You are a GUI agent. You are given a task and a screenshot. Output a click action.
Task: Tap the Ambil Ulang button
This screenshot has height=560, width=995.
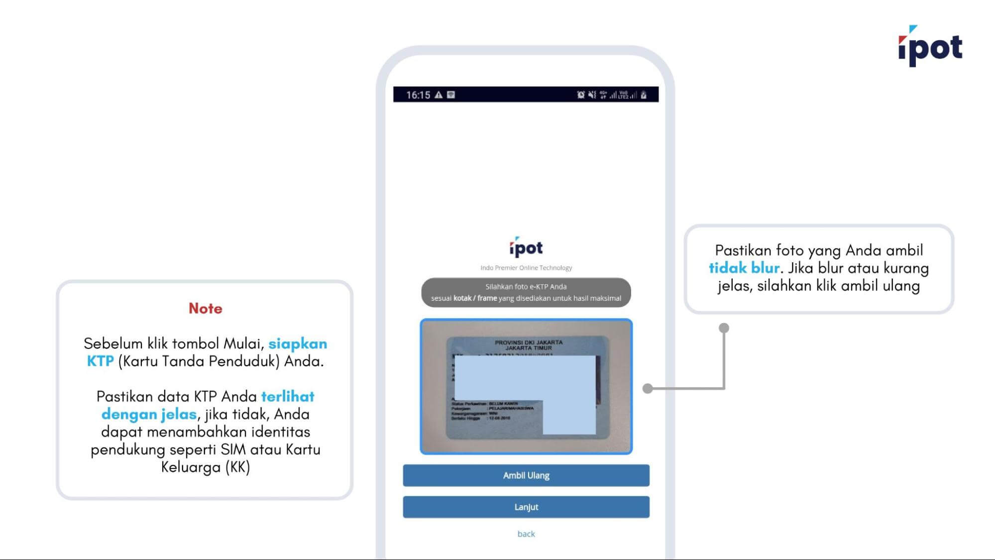coord(526,475)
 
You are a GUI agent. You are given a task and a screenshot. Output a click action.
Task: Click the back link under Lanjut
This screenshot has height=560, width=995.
coord(526,534)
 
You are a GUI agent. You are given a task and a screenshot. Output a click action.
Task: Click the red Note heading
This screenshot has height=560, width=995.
coord(205,308)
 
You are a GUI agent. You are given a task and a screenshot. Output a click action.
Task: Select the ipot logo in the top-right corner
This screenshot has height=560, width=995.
coord(930,47)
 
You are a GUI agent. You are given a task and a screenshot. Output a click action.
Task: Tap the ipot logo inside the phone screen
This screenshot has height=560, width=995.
coord(526,247)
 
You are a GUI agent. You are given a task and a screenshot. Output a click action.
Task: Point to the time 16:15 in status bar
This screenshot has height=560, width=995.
coord(418,95)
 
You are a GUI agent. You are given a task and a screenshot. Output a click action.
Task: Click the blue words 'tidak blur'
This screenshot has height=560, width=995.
coord(744,268)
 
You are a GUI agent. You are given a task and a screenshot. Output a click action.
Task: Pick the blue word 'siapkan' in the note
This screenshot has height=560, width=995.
coord(298,343)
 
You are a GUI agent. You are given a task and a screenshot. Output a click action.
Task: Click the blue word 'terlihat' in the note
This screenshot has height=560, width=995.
coord(288,396)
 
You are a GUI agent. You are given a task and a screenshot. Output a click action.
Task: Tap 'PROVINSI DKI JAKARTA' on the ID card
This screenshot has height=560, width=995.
coord(528,342)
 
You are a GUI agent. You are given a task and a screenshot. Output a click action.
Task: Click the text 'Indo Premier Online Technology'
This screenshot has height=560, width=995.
coord(526,268)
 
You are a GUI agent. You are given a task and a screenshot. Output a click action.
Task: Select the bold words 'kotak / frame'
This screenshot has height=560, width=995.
coord(475,298)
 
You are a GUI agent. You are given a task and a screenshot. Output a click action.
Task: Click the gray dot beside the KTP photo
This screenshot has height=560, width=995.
coord(648,388)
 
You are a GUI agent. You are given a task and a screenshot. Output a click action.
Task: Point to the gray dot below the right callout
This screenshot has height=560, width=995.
coord(724,328)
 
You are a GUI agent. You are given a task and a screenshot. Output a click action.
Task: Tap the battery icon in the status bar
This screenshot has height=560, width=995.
coord(644,95)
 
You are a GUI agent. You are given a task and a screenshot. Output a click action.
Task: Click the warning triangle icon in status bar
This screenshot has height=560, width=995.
coord(439,95)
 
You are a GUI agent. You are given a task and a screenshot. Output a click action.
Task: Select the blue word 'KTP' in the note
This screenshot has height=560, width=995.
coord(100,361)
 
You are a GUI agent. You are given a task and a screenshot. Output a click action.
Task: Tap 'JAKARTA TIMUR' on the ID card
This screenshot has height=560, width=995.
coord(528,348)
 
